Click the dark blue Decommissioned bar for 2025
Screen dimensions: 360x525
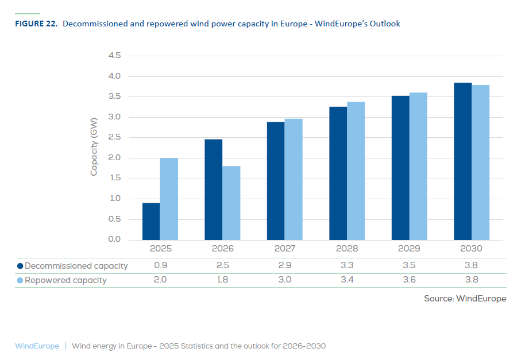151,222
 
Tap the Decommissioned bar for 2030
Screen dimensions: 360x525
462,161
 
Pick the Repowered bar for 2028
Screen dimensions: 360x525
356,171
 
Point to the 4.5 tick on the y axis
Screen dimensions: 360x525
114,56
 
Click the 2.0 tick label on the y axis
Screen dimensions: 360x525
114,158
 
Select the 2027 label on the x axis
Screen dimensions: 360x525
285,249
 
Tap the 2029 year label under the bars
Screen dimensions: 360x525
410,249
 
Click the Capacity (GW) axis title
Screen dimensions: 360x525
94,146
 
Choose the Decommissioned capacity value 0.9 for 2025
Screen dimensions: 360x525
160,266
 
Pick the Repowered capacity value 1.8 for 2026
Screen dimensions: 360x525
222,280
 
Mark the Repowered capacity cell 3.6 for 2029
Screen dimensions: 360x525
410,280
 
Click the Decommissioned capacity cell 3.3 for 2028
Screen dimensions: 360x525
347,266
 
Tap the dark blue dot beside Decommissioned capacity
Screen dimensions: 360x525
20,266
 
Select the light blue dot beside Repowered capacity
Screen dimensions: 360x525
20,280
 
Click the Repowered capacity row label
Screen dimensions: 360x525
65,280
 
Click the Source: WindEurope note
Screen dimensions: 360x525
465,299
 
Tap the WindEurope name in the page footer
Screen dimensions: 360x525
37,346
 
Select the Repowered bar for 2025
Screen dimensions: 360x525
169,199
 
